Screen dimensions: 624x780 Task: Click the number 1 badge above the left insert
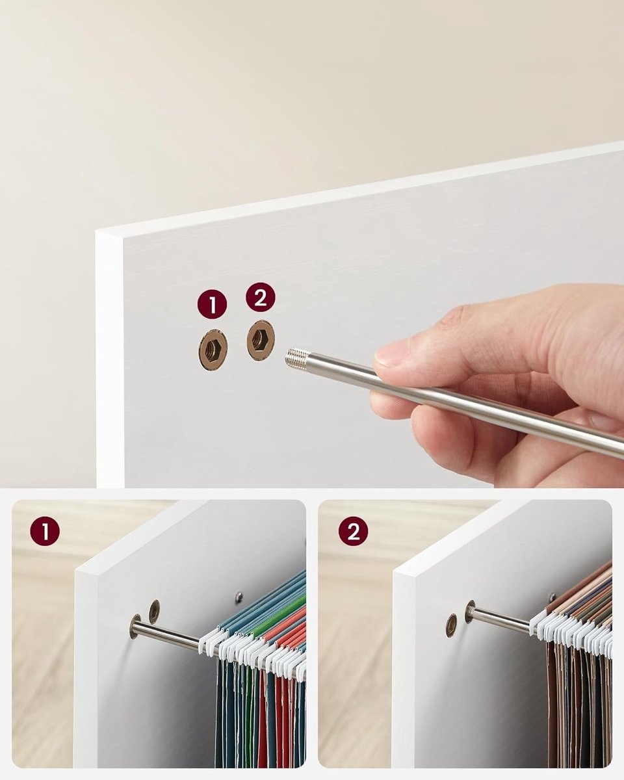pyautogui.click(x=212, y=304)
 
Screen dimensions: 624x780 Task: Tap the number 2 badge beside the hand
pyautogui.click(x=261, y=297)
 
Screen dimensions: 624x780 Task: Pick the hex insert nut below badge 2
pyautogui.click(x=261, y=340)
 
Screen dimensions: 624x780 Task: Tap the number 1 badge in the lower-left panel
pyautogui.click(x=45, y=531)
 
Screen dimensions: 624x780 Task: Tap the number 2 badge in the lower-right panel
pyautogui.click(x=353, y=531)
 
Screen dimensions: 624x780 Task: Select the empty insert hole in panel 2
pyautogui.click(x=451, y=626)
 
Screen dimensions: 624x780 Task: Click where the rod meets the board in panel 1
pyautogui.click(x=136, y=627)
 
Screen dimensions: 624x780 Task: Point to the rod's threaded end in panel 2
pyautogui.click(x=471, y=612)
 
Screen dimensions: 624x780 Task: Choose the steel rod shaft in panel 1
pyautogui.click(x=168, y=634)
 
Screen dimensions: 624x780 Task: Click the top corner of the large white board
pyautogui.click(x=96, y=231)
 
